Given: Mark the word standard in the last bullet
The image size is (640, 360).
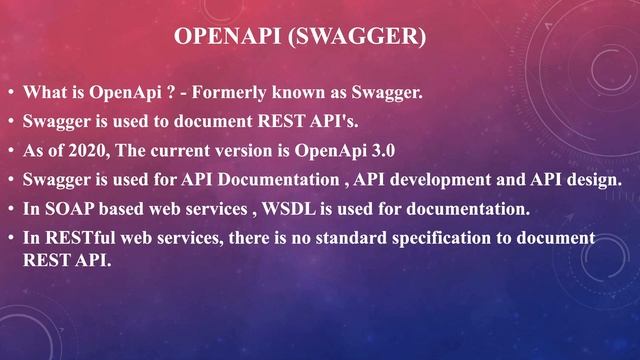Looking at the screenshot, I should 347,238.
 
